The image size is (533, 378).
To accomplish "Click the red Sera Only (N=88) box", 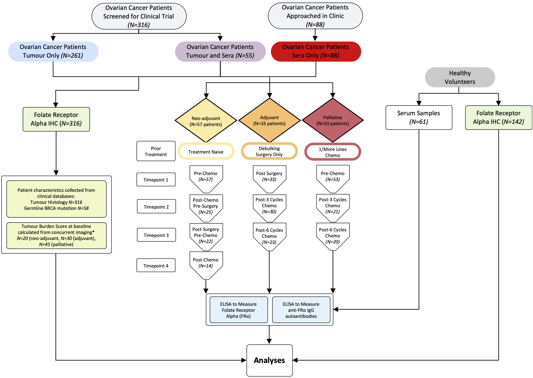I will pos(316,51).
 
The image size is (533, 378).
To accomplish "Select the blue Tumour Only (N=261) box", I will pos(53,51).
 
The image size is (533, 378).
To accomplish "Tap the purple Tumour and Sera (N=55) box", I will pos(220,51).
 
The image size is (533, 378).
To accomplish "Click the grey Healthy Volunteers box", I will pos(460,77).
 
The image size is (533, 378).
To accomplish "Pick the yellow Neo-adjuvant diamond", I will pos(206,120).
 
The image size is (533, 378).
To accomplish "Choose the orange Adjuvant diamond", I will pos(270,120).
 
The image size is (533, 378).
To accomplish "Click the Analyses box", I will pos(269,360).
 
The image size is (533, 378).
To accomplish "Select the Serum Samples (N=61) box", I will pos(419,117).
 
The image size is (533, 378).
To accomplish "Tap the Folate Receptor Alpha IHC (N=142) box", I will pos(498,117).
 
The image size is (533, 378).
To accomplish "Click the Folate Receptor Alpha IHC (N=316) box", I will pos(56,119).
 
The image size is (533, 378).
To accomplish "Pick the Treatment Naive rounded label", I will pos(206,151).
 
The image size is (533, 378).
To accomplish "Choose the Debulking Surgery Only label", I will pos(269,151).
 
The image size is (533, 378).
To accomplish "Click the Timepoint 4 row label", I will pos(156,265).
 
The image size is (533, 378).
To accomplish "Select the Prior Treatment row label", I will pos(156,151).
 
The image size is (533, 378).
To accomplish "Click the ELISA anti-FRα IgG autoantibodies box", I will pos(301,309).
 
